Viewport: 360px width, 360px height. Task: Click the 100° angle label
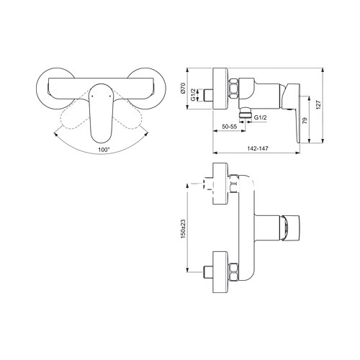tap(104, 150)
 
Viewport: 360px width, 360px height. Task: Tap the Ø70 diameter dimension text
tap(183, 88)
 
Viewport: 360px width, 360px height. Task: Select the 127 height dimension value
tap(318, 105)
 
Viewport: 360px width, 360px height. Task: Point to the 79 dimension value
tap(305, 120)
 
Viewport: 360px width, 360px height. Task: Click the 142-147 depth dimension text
tap(258, 148)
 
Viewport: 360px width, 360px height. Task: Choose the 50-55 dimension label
tap(229, 127)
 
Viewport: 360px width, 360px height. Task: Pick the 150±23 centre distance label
tap(183, 229)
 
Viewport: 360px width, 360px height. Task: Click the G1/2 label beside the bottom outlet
tap(261, 117)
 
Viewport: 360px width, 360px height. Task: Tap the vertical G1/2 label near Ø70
tap(193, 95)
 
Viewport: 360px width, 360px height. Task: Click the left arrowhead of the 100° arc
tap(55, 134)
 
